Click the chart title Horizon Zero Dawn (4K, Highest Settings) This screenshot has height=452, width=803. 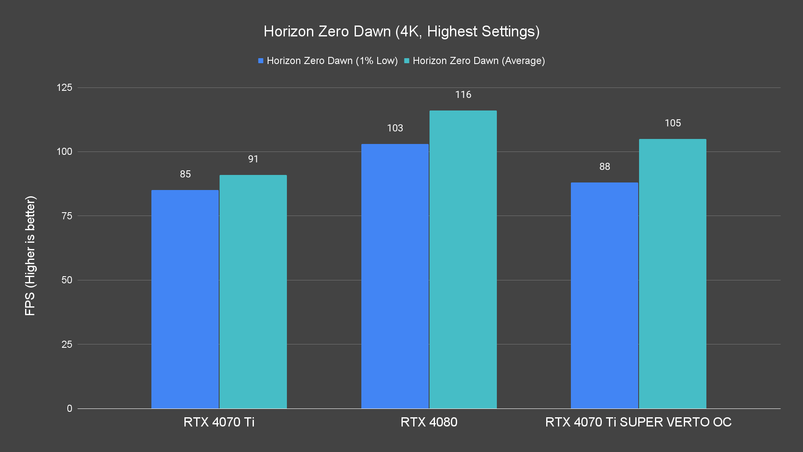[401, 31]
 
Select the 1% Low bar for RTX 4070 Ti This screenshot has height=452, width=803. [185, 299]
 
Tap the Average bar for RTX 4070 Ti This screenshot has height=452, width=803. [253, 292]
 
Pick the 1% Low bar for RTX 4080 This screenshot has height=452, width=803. [395, 276]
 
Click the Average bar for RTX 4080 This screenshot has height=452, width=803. [463, 259]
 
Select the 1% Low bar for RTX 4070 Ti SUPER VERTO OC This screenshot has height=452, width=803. [604, 295]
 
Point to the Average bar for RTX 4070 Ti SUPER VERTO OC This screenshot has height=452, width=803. [673, 274]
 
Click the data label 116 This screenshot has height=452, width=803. [463, 95]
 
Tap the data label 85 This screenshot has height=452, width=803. [185, 174]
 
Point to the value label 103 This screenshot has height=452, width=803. [395, 128]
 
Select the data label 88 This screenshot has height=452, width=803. [604, 167]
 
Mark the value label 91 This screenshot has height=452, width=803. [253, 159]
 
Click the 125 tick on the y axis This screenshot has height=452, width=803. [64, 87]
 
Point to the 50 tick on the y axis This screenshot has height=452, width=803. [67, 280]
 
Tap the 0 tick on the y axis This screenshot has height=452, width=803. [69, 408]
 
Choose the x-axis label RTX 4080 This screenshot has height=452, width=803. [429, 422]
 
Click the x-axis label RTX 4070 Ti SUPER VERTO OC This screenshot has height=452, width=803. [638, 422]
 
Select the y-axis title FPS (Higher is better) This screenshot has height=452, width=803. [30, 255]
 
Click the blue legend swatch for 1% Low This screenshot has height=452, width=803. [261, 61]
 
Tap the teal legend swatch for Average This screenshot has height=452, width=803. [407, 61]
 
